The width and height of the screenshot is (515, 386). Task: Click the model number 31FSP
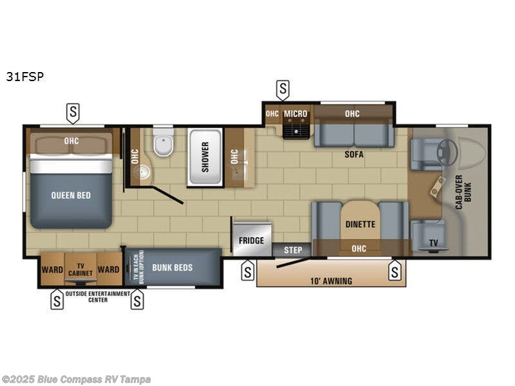click(x=25, y=77)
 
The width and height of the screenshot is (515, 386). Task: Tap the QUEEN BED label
click(x=71, y=195)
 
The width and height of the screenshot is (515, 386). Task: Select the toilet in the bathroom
click(x=163, y=146)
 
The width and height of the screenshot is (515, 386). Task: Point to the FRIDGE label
click(x=251, y=241)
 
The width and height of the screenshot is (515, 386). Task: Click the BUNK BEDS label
click(x=173, y=268)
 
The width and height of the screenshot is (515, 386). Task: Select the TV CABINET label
click(x=81, y=270)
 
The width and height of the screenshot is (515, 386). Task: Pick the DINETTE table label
click(x=360, y=225)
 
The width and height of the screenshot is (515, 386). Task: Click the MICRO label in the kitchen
click(x=296, y=114)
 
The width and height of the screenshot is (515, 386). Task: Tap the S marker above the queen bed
click(x=73, y=114)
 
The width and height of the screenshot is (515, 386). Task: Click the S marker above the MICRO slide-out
click(x=282, y=89)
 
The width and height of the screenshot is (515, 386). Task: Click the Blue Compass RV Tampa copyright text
click(x=75, y=380)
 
